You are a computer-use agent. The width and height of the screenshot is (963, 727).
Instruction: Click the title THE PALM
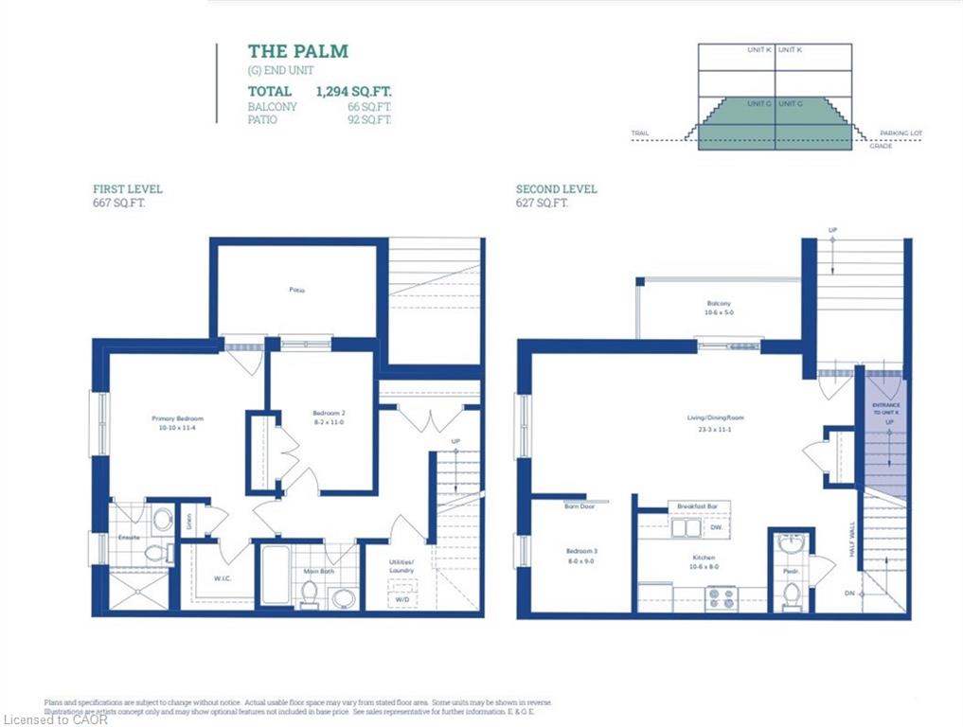tap(298, 51)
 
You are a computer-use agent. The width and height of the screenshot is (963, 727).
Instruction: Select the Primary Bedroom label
tap(178, 418)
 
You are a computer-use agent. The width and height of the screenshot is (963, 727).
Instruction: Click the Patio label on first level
tap(297, 291)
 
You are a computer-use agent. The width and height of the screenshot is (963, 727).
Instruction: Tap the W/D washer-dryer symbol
tap(401, 598)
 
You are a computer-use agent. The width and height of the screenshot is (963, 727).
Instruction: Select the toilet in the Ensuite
tap(155, 552)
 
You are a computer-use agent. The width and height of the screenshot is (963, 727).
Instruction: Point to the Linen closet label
tap(188, 520)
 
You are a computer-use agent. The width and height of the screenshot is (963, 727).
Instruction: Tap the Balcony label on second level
tap(719, 304)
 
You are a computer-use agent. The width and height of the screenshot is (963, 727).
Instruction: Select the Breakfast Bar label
tap(697, 506)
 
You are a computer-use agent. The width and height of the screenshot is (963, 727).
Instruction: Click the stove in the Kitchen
tap(722, 599)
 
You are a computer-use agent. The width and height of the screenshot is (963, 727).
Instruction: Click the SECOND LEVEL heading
tap(557, 189)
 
